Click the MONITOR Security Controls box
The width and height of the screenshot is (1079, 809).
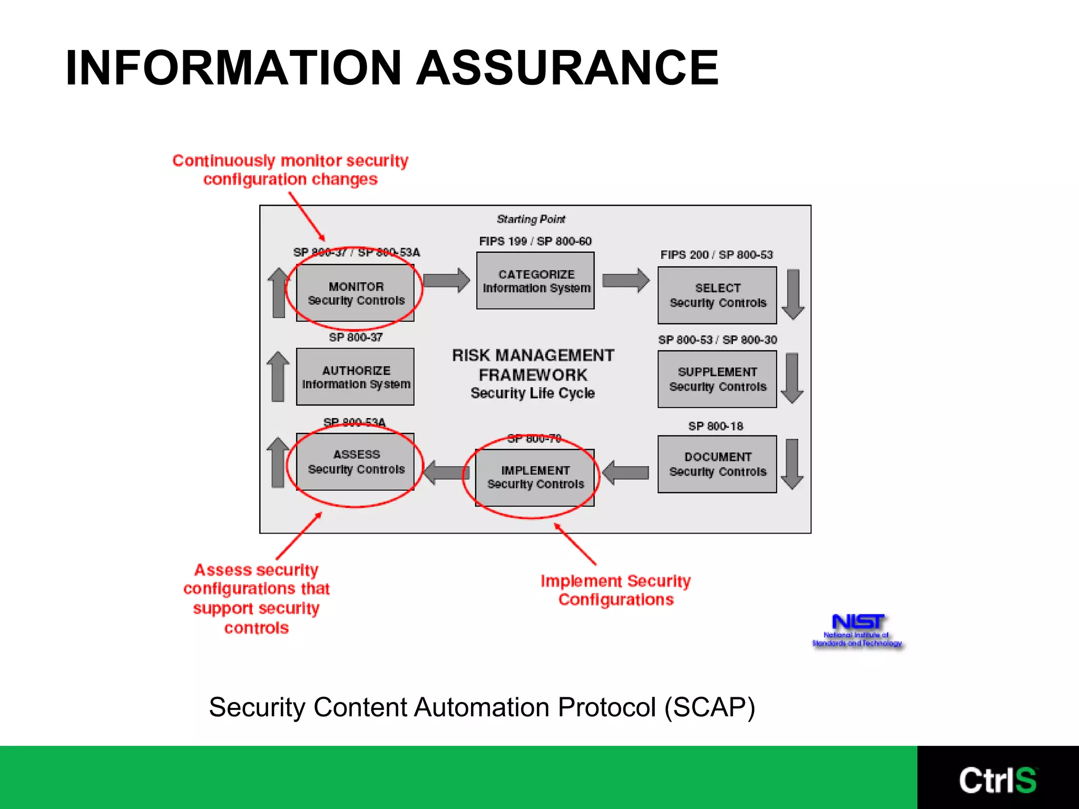[355, 293]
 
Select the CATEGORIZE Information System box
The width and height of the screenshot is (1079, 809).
[535, 281]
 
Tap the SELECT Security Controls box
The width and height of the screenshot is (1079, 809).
[717, 295]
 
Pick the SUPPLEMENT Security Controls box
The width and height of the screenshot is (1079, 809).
[717, 379]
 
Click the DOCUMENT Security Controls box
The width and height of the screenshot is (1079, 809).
[717, 464]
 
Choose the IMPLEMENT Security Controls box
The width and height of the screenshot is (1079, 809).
[535, 477]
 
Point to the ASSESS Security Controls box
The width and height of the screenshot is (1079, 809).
[355, 462]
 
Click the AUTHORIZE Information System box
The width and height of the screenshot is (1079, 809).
[355, 377]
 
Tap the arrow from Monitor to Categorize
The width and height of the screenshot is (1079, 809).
[446, 280]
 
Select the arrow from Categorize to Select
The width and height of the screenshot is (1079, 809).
[625, 280]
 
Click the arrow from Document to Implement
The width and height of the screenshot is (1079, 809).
[625, 472]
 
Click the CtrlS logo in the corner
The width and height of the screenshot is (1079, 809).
[997, 780]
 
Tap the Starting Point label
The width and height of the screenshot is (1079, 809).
[531, 219]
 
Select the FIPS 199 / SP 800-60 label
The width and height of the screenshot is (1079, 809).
[535, 241]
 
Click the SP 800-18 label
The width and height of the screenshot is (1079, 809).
[715, 426]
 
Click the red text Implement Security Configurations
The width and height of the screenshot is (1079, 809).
[615, 590]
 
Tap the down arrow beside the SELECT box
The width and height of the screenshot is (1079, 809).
[793, 294]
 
